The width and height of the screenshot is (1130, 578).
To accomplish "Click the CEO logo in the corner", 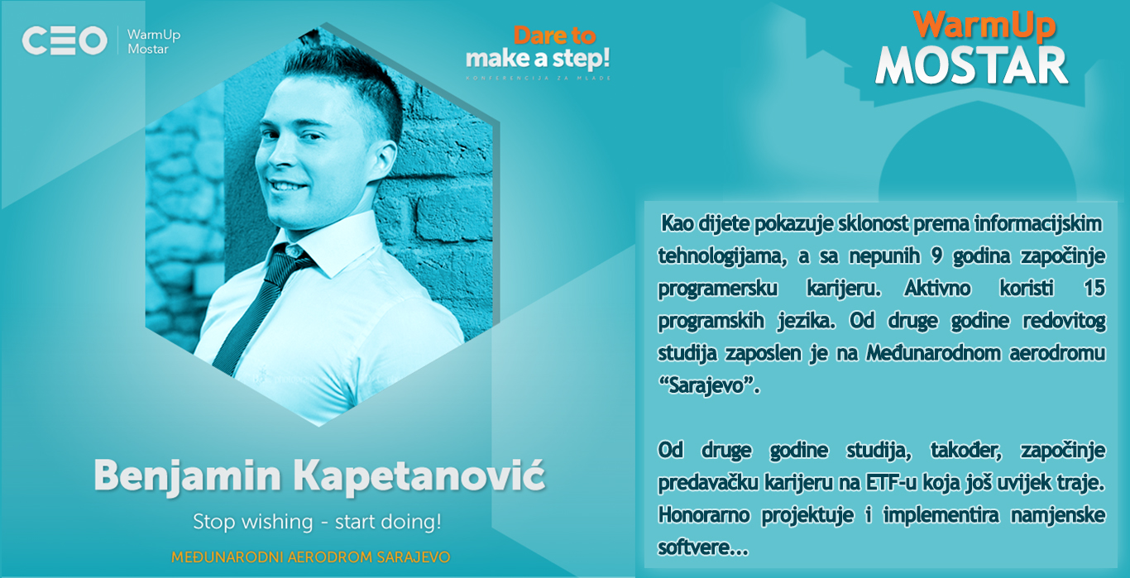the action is [x=65, y=41].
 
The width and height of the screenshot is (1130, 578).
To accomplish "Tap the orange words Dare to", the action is [x=554, y=36].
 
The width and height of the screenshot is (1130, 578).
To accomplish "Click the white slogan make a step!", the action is [x=538, y=60].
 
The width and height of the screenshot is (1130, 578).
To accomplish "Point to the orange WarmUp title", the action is [x=984, y=25].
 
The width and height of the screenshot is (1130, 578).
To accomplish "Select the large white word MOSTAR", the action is [x=972, y=66].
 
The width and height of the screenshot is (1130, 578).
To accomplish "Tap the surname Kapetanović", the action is [x=419, y=475].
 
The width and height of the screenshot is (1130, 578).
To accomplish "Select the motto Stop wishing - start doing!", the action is [x=318, y=522].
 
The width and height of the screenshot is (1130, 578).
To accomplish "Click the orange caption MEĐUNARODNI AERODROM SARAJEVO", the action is [x=311, y=557].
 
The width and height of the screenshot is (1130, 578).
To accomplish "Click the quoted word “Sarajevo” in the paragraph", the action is [x=709, y=386].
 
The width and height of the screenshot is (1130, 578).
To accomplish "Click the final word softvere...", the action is [x=702, y=547].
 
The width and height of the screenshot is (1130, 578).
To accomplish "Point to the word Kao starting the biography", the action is [x=677, y=223].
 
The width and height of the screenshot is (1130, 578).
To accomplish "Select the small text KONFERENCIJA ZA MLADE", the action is [x=539, y=79].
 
